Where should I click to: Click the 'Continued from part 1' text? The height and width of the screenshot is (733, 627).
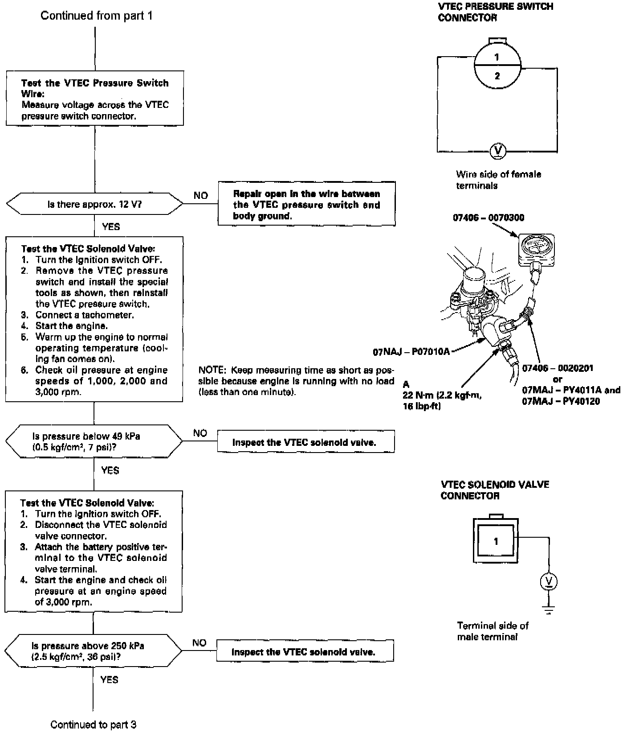96,16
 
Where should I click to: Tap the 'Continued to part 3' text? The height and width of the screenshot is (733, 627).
93,725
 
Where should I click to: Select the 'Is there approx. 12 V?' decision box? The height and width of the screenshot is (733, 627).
94,204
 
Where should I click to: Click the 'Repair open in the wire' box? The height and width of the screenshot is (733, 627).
306,205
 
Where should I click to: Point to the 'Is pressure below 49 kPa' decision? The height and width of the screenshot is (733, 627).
94,441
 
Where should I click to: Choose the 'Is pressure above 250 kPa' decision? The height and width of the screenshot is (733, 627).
94,651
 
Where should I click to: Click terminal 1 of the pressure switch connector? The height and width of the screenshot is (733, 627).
497,57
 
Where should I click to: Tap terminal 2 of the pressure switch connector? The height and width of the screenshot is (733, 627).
497,76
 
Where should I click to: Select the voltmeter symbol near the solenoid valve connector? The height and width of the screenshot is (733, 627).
549,581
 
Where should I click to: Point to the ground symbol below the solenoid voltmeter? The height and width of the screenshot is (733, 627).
549,610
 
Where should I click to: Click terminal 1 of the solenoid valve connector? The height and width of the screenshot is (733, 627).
496,541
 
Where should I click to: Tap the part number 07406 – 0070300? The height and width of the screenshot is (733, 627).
489,218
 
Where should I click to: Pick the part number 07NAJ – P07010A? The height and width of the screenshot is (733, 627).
411,352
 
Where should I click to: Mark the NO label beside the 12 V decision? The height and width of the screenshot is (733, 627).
200,196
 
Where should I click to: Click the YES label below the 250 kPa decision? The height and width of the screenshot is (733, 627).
109,679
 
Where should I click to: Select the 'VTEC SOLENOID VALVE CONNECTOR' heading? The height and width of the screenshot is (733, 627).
495,490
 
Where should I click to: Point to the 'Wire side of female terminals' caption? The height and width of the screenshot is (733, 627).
498,180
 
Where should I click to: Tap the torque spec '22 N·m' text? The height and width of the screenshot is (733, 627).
442,395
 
